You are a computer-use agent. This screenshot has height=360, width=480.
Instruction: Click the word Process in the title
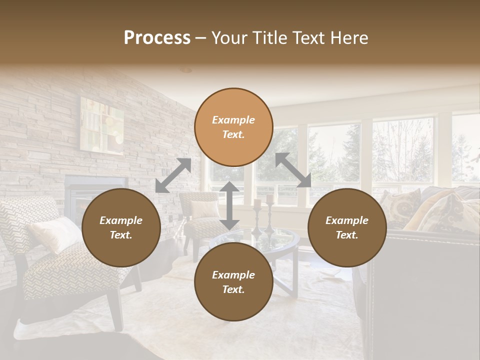[157, 38]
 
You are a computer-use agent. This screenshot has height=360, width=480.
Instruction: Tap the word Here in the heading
[349, 38]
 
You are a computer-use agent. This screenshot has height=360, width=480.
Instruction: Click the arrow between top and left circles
[173, 175]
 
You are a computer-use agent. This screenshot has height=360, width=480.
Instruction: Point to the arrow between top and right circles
[293, 170]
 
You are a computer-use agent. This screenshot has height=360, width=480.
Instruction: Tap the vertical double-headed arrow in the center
[229, 205]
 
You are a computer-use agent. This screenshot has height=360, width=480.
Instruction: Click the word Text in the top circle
[233, 134]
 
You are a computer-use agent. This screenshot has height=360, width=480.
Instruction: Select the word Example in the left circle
[121, 220]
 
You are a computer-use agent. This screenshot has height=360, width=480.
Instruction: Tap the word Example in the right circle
[347, 220]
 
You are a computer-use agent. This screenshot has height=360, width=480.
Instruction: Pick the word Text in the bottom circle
[233, 289]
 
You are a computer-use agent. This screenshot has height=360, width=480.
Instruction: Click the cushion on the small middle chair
[203, 208]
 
